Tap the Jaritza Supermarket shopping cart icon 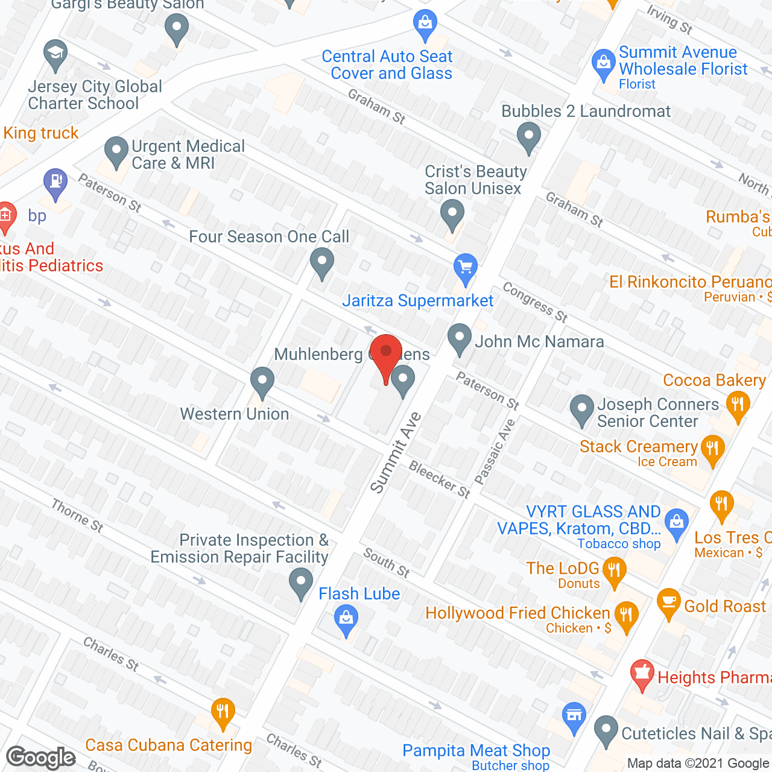coord(465,268)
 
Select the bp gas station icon coord(55,182)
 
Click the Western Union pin coord(262,381)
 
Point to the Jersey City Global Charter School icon coord(55,55)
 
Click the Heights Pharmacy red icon coord(642,674)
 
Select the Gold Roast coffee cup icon coord(668,603)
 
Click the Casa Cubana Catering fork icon coord(223,712)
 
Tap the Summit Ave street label coord(395,452)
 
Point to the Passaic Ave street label coord(495,452)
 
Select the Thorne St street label coord(77,516)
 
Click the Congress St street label coord(535,302)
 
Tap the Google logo coord(41,757)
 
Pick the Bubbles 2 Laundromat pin coord(529,136)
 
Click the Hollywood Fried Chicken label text coord(517,613)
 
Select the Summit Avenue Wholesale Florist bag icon coord(603,63)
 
